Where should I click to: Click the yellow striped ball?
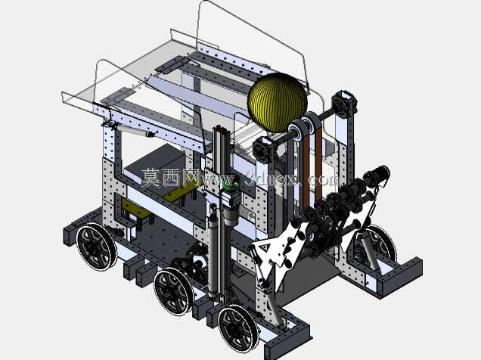click(x=278, y=102)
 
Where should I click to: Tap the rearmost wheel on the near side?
click(x=96, y=247)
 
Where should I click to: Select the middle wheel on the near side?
click(x=174, y=290)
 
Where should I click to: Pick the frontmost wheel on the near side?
click(x=238, y=329)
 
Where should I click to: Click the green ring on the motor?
click(x=231, y=185)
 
